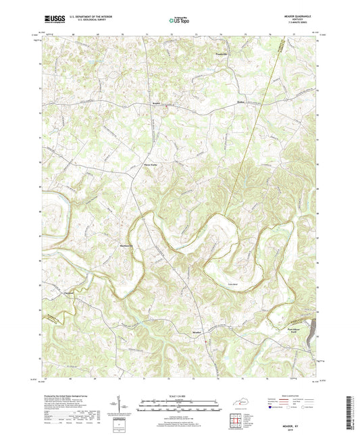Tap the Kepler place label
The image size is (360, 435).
click(155, 104)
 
